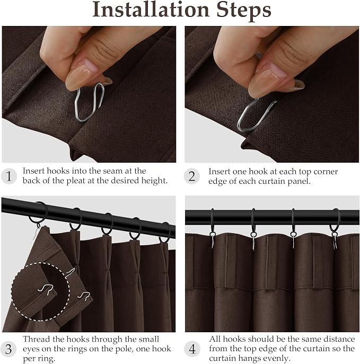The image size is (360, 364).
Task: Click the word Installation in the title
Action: tap(151, 10)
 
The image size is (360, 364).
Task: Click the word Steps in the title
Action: tap(244, 11)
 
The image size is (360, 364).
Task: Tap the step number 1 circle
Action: tap(9, 176)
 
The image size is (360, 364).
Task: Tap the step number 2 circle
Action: tap(192, 176)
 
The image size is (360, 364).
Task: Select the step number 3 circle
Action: tap(8, 349)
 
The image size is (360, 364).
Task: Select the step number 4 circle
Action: tap(192, 349)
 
